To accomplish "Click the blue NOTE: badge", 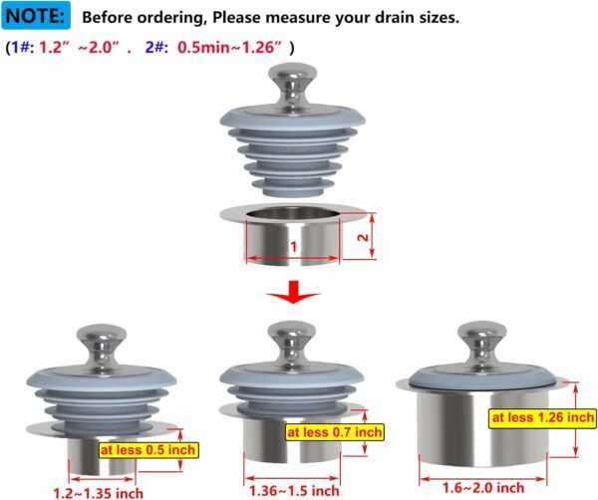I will pyautogui.click(x=38, y=17).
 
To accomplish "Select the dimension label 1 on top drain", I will pyautogui.click(x=294, y=246).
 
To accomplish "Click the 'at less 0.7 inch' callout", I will pyautogui.click(x=334, y=433).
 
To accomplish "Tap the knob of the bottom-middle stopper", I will pyautogui.click(x=293, y=339).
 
